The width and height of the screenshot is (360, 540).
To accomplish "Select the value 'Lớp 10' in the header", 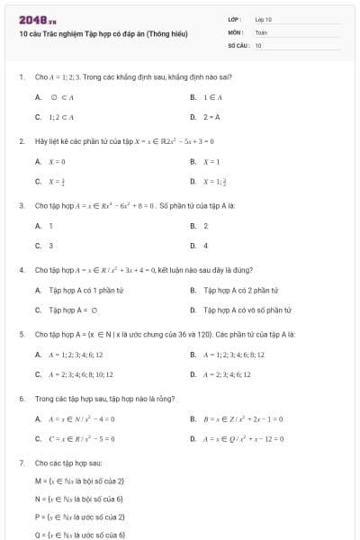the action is [x=263, y=19].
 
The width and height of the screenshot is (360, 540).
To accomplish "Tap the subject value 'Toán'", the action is [x=261, y=31].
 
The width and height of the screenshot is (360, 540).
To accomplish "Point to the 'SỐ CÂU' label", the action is [x=237, y=44].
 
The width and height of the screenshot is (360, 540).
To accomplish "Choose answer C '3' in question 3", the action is [x=50, y=245].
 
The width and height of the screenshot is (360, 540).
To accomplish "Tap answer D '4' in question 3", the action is [x=205, y=245].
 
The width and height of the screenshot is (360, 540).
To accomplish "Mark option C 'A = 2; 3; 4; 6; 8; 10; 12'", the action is [x=80, y=374].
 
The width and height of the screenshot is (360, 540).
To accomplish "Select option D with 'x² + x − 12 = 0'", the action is [x=244, y=438].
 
